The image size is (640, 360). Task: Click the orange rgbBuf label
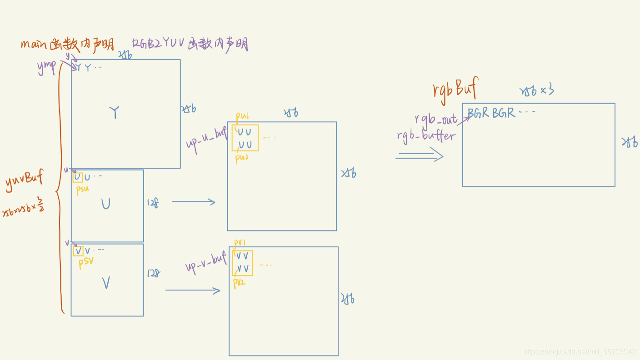click(x=455, y=89)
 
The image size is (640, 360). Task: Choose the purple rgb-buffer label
click(x=426, y=135)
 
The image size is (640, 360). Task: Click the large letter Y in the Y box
click(x=115, y=112)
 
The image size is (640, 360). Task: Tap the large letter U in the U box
click(x=105, y=204)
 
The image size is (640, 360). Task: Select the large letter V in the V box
click(x=106, y=283)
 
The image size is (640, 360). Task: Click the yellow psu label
click(x=82, y=189)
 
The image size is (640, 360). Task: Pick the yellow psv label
click(x=85, y=262)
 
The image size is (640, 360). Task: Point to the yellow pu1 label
click(x=242, y=116)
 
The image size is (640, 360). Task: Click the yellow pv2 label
click(x=239, y=282)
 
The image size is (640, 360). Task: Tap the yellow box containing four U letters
click(x=245, y=138)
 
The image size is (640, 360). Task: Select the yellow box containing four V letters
click(x=243, y=263)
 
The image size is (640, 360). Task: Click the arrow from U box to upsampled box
click(x=193, y=202)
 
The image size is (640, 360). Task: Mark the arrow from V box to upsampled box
click(x=193, y=290)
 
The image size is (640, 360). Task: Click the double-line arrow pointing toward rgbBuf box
click(x=419, y=156)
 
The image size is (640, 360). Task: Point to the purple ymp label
click(x=46, y=67)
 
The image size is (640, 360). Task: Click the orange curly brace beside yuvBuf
click(x=59, y=191)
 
